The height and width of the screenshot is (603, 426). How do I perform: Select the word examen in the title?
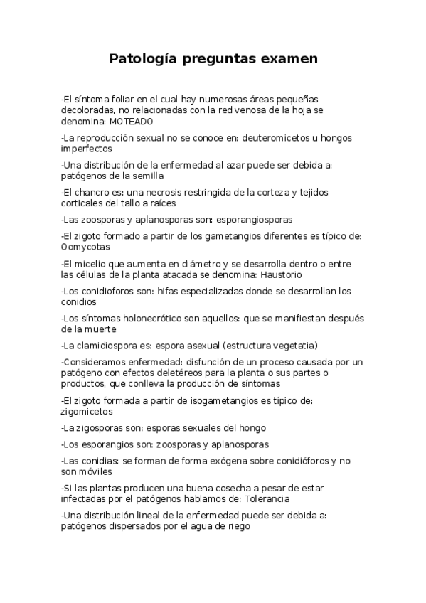(x=288, y=58)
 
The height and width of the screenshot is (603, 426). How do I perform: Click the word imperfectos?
(x=87, y=149)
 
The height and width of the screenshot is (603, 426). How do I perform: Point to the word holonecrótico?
(x=142, y=318)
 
